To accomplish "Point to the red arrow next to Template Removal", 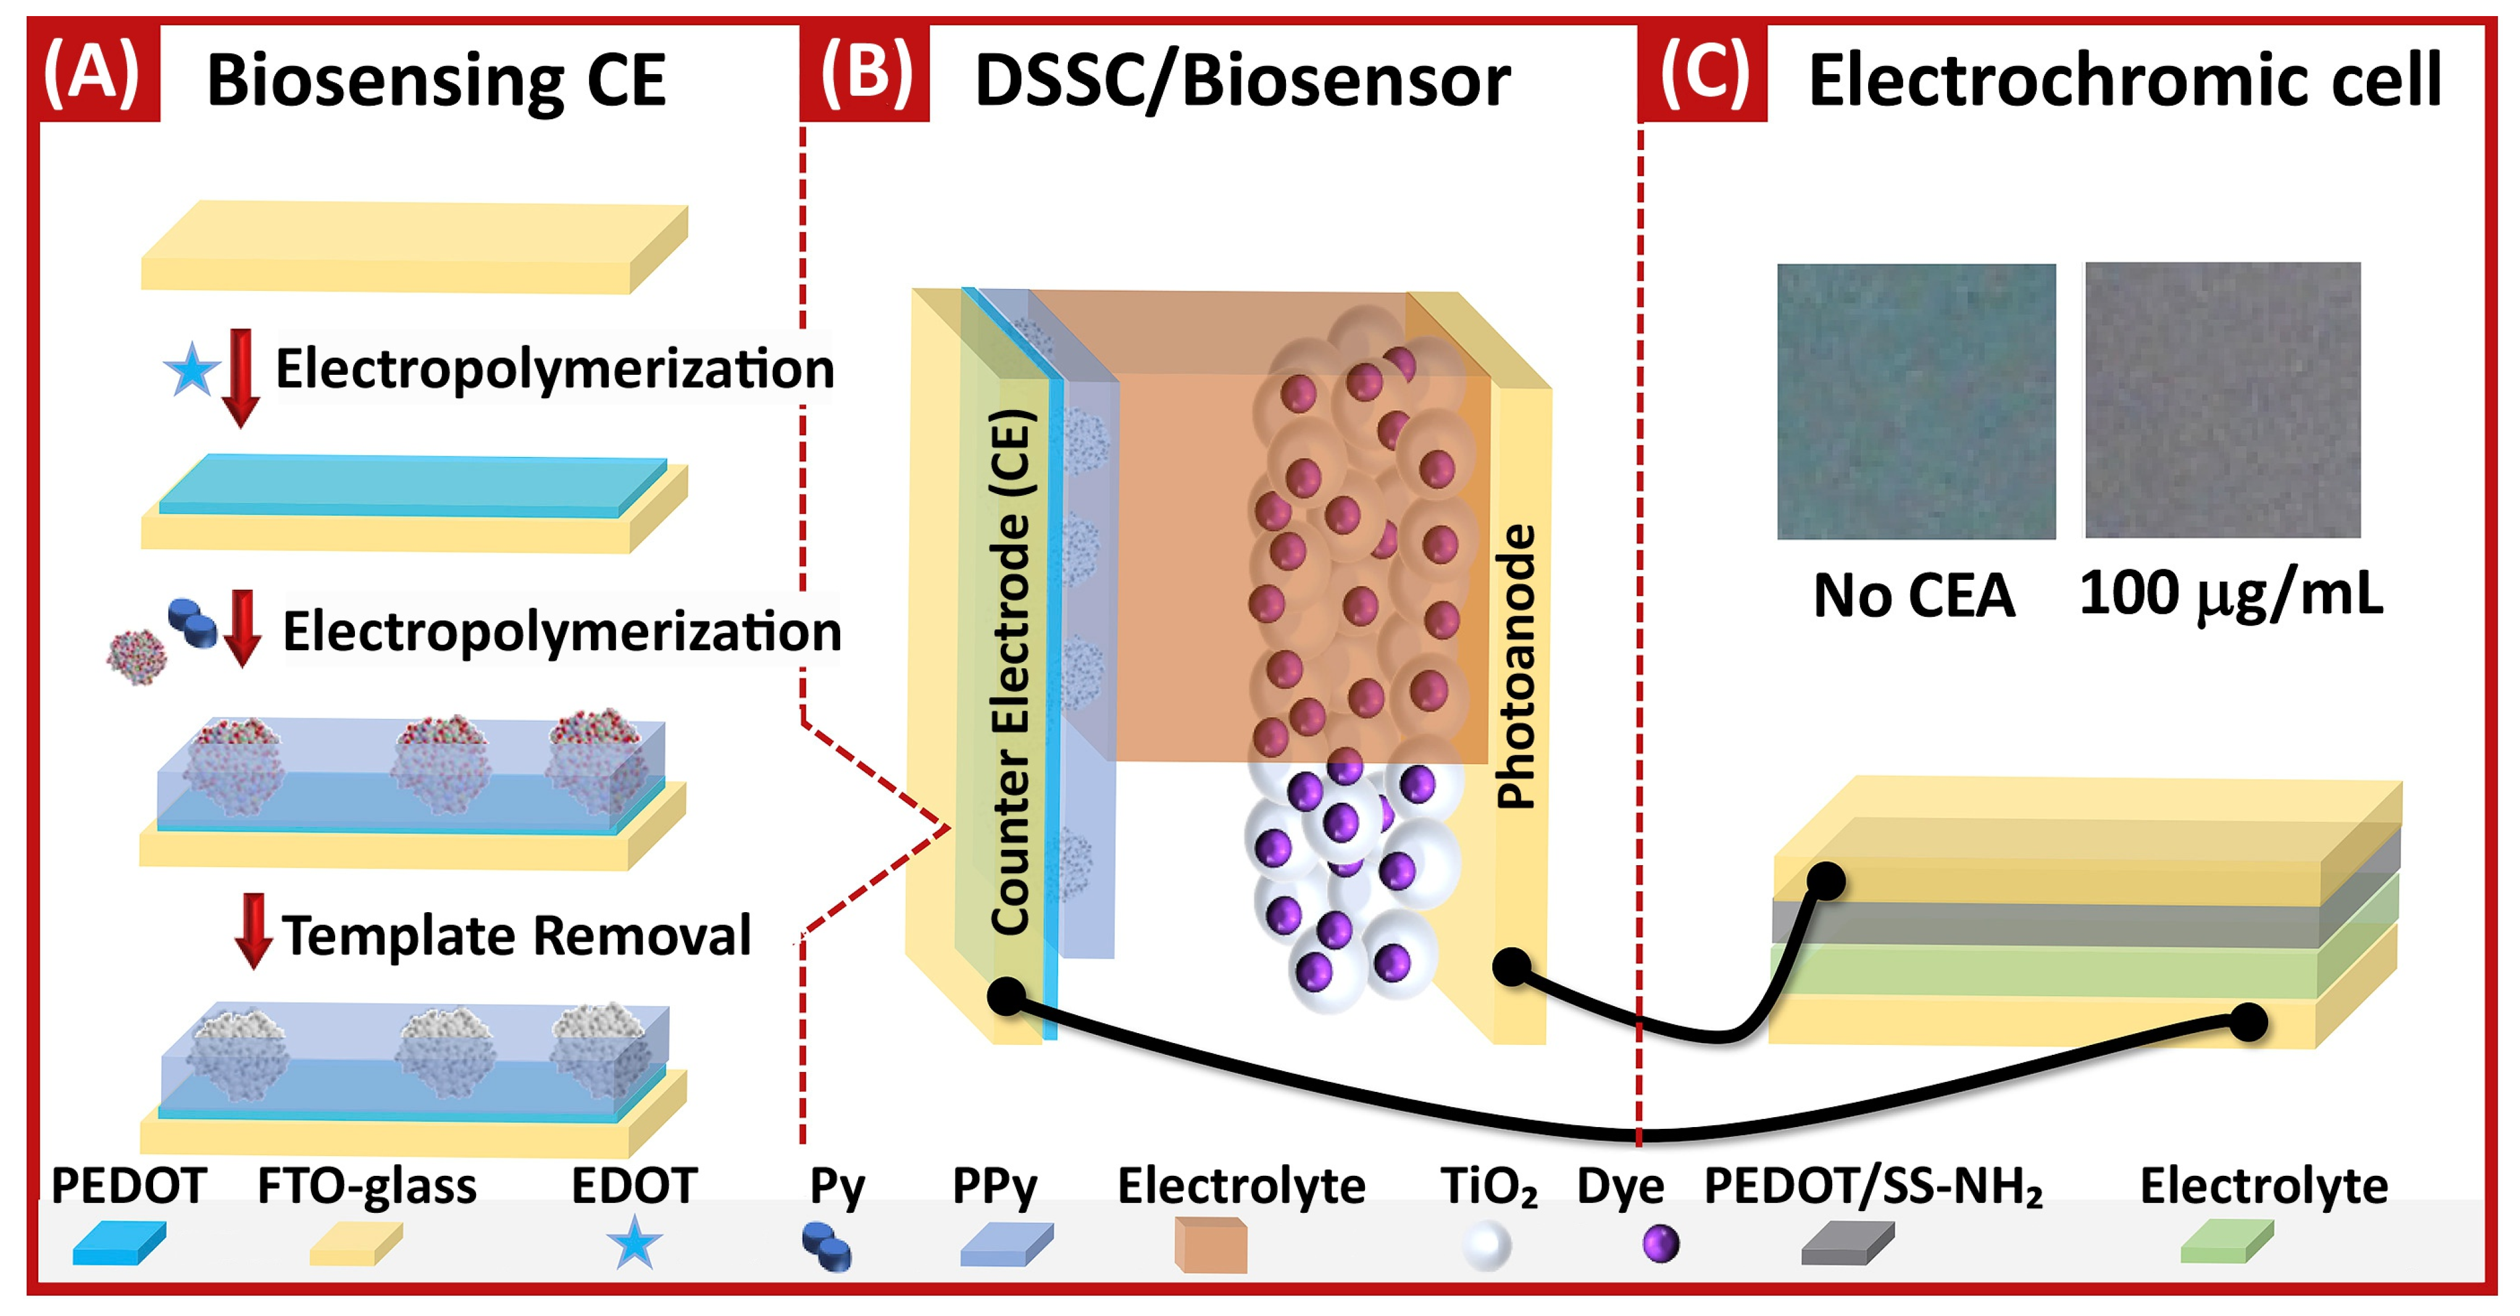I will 252,929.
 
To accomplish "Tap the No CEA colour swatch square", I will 1916,401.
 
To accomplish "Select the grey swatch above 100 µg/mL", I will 2222,399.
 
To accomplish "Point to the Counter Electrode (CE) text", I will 1011,671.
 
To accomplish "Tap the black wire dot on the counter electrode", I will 1006,997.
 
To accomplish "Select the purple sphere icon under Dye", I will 1660,1244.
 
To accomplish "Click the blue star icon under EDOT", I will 634,1243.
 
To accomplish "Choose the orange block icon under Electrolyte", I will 1210,1244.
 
